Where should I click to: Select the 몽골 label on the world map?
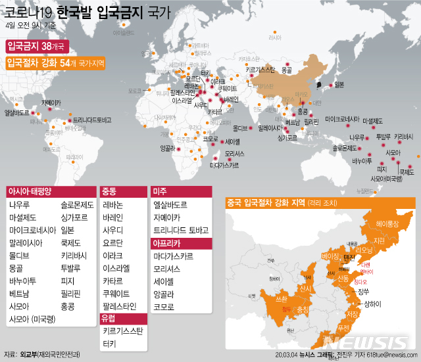click(286, 69)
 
